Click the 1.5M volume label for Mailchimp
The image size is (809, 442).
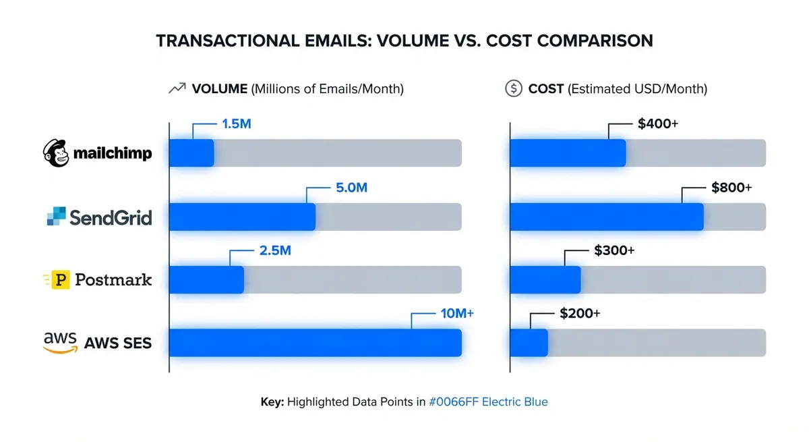[x=236, y=124]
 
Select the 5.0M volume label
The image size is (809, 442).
[x=351, y=188]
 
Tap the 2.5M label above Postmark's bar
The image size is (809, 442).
[x=274, y=250]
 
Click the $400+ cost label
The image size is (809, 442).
[x=657, y=124]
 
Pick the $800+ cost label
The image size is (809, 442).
[x=731, y=188]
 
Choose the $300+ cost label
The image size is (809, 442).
[x=614, y=250]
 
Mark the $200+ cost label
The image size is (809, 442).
[x=580, y=313]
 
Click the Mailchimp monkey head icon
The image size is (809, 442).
[x=56, y=153]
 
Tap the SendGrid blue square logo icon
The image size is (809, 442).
[x=57, y=217]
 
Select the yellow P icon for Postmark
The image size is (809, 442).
[x=61, y=279]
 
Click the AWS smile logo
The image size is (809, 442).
[x=59, y=341]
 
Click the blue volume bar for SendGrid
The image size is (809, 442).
[x=242, y=217]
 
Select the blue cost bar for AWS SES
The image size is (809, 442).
[x=529, y=342]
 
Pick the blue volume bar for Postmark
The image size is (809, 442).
[x=206, y=279]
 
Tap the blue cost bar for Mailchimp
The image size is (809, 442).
[x=568, y=153]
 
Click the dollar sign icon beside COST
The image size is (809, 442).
[x=514, y=88]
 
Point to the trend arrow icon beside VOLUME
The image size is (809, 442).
[x=177, y=88]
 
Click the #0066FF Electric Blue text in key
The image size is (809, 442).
[x=488, y=402]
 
